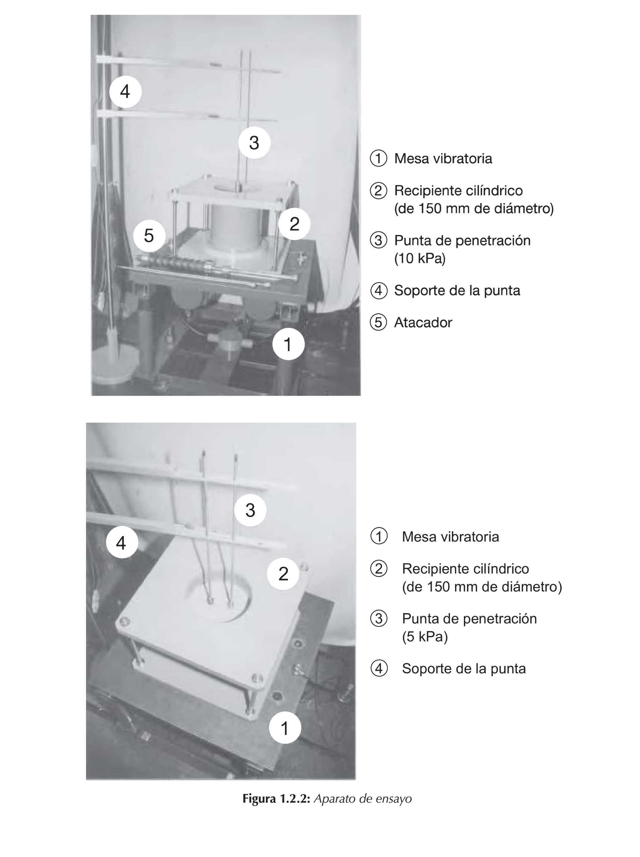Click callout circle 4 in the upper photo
pos(125,92)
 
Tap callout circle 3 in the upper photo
pos(254,143)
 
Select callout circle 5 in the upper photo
pos(149,236)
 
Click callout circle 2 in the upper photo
pos(294,224)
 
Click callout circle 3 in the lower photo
pos(250,510)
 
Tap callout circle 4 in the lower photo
pos(122,542)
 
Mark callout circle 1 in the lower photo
pos(285,728)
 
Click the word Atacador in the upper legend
pos(423,322)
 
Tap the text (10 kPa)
pos(420,258)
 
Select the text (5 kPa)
pos(424,637)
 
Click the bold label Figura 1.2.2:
pos(276,798)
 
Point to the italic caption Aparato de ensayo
pos(362,798)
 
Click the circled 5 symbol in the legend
pos(378,322)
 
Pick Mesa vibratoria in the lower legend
pos(450,537)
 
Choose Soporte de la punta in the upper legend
pos(457,290)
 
